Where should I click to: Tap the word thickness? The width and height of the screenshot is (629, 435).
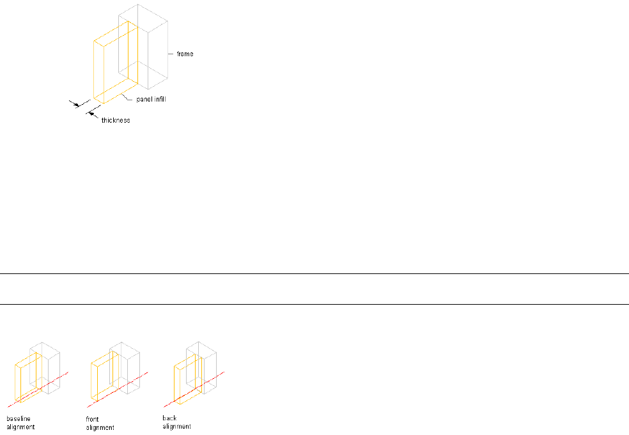click(x=116, y=120)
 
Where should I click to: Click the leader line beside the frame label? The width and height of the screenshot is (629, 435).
click(x=171, y=54)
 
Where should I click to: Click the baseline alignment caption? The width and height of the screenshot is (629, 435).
click(x=20, y=422)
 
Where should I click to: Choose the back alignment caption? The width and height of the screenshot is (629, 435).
click(x=176, y=422)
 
